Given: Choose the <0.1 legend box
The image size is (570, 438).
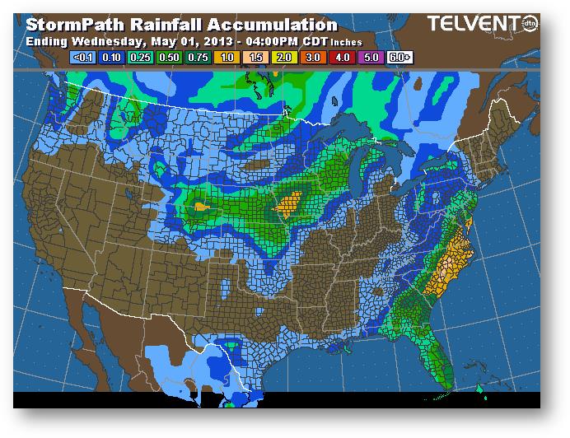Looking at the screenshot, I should point(84,58).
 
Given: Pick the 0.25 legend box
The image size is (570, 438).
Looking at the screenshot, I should point(140,58).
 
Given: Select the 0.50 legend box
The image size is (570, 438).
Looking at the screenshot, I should point(168,58).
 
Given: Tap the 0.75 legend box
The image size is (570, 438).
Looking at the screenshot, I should point(196,58).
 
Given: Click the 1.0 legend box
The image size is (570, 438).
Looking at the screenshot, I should point(224,58).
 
